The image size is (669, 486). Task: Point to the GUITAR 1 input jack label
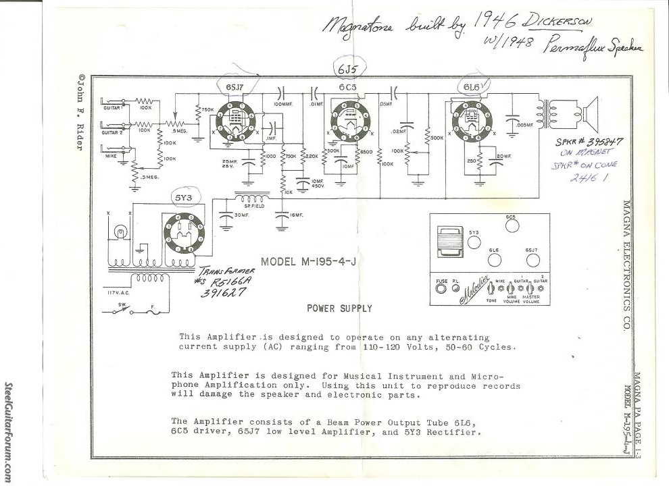(x=112, y=108)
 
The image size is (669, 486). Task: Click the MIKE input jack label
(x=111, y=154)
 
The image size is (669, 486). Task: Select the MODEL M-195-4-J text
(x=313, y=262)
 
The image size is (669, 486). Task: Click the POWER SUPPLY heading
(x=339, y=308)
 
